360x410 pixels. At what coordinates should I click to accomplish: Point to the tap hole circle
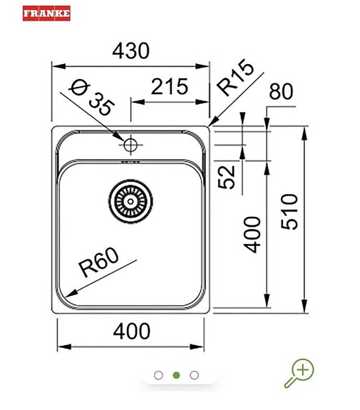(130, 145)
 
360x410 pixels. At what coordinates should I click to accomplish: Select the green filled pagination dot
(177, 374)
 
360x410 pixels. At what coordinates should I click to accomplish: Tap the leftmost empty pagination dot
(158, 374)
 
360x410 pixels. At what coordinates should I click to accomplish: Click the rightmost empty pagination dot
(195, 374)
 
